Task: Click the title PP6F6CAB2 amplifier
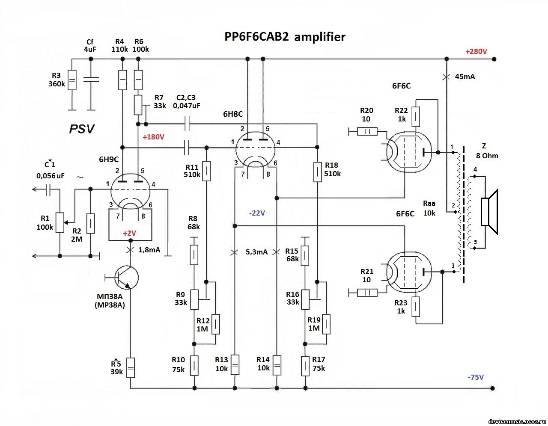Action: (x=285, y=37)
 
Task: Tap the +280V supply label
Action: (x=476, y=51)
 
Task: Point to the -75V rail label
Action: (x=476, y=377)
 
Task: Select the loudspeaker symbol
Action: (x=490, y=212)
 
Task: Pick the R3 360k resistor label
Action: (x=57, y=80)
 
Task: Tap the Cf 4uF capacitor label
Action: (x=90, y=45)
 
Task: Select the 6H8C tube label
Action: (x=232, y=114)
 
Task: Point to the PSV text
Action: (x=82, y=129)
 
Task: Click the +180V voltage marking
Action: (x=153, y=137)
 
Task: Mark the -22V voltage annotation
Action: (x=257, y=213)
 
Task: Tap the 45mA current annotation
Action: (x=465, y=77)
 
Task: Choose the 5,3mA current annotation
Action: (x=256, y=252)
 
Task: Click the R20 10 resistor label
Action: (x=366, y=115)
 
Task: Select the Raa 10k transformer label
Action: (x=429, y=208)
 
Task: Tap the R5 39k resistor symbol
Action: (x=130, y=367)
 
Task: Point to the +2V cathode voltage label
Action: (x=129, y=233)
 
